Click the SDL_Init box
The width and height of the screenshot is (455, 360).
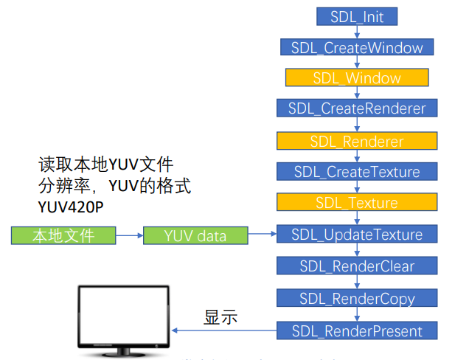point(357,15)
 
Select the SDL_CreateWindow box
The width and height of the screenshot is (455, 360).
point(357,47)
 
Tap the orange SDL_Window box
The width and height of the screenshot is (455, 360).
point(357,77)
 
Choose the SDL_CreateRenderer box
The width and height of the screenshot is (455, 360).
point(357,108)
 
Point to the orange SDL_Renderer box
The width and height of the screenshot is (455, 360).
point(357,140)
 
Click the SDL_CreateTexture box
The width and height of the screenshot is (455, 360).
point(357,172)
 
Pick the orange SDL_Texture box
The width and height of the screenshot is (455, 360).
point(357,203)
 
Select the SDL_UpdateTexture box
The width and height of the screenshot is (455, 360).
point(357,235)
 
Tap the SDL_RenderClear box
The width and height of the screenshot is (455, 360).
point(357,266)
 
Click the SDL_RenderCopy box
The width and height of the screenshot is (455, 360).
point(357,299)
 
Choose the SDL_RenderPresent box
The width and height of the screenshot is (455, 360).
point(357,330)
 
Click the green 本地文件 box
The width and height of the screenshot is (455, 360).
point(64,235)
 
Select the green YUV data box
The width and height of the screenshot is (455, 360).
point(195,236)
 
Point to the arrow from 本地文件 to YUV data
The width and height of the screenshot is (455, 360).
point(130,236)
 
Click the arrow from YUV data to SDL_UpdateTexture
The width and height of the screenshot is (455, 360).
point(262,235)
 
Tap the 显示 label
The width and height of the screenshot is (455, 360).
point(220,317)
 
